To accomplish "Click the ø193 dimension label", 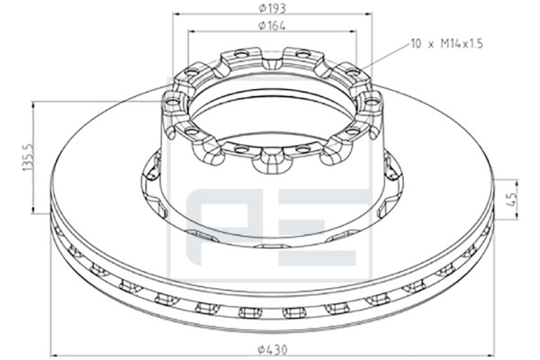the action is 272,8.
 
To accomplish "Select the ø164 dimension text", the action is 272,25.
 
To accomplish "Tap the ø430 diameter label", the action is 272,350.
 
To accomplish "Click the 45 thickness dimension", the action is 512,199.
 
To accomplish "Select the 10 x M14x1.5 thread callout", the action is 446,44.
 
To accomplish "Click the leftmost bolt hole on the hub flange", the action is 173,102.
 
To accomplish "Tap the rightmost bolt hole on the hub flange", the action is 371,102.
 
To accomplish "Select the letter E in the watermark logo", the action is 318,228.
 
